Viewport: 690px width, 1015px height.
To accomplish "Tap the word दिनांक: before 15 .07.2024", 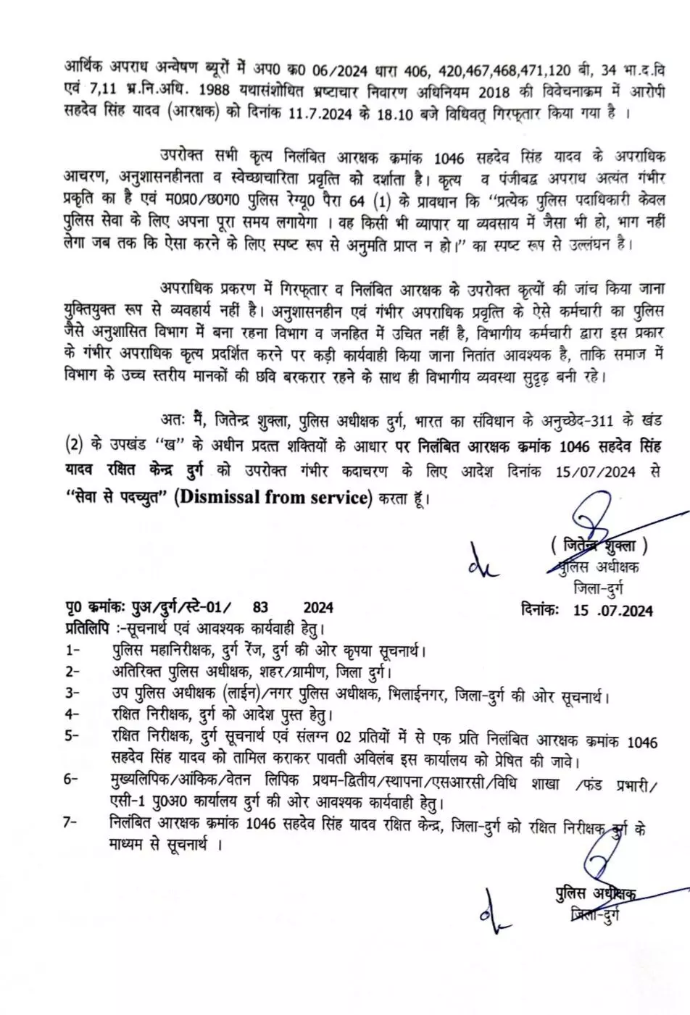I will [541, 609].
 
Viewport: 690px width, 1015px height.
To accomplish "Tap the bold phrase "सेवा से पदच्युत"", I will [116, 498].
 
